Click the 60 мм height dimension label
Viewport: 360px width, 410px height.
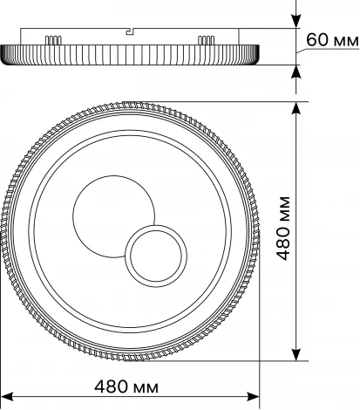click(x=332, y=40)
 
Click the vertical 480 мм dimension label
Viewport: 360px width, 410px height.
click(x=283, y=229)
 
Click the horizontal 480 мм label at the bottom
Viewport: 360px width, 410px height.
click(x=126, y=387)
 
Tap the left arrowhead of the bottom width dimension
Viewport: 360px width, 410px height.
click(x=7, y=396)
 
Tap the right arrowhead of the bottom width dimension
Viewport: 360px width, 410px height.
click(x=253, y=396)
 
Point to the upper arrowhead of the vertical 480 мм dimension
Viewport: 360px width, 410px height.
click(x=295, y=108)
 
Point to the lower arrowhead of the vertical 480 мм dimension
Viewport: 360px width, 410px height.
click(x=295, y=354)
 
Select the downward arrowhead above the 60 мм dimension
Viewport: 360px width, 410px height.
click(x=295, y=22)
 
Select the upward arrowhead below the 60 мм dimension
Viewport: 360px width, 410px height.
click(x=295, y=72)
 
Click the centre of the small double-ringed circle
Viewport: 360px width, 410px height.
click(x=156, y=256)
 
